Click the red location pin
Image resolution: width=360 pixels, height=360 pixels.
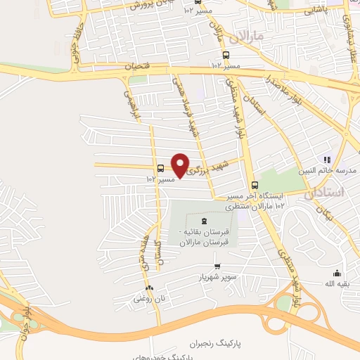pos(181,165)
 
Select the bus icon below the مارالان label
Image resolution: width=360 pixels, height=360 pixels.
pos(226,56)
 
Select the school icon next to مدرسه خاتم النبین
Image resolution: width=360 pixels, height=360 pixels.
pos(326,160)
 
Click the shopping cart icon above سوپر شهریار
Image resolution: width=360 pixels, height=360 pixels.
pos(217,266)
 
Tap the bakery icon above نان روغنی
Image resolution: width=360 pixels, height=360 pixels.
pos(148,288)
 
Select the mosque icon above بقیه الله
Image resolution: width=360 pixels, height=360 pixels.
pos(336,273)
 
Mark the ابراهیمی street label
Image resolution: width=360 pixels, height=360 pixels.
pos(131,104)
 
